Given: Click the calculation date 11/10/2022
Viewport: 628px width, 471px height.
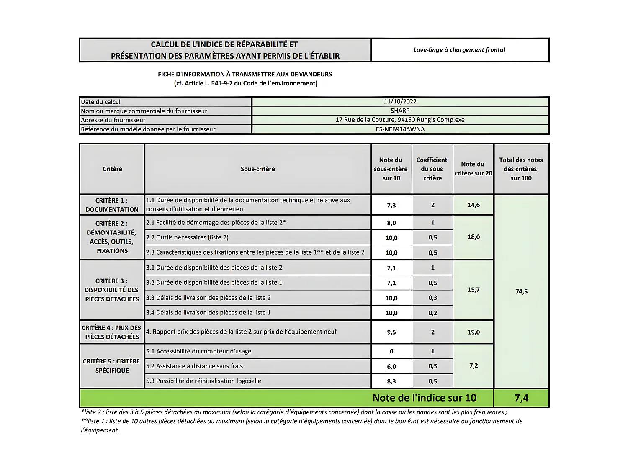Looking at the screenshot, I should (400, 102).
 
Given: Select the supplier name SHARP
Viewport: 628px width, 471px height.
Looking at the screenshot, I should (400, 111).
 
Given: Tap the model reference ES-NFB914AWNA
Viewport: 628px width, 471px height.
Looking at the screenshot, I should (400, 129).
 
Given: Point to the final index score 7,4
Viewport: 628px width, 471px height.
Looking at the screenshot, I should (521, 398).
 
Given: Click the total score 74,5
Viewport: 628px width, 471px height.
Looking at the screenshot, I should (521, 291).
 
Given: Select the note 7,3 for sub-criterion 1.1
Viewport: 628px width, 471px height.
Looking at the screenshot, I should (391, 205).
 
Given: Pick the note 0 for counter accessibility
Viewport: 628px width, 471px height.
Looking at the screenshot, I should (391, 351).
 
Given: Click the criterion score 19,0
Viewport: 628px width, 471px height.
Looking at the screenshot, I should (474, 332).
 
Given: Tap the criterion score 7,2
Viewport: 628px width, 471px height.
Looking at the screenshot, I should (474, 366).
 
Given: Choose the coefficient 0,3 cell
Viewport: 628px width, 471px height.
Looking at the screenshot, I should (432, 298).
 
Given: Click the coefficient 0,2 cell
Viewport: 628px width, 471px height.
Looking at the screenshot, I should (432, 313).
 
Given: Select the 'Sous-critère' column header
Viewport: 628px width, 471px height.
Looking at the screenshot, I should (257, 169).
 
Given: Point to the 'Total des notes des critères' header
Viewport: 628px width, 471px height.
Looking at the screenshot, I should (521, 169).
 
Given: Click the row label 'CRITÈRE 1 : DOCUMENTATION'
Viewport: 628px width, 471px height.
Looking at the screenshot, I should (112, 205).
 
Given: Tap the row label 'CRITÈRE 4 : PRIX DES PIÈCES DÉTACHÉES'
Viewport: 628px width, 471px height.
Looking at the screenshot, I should (112, 332).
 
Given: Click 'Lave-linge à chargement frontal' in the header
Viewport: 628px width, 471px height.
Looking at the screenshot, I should (459, 50).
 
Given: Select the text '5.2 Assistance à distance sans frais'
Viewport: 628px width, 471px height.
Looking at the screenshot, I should (194, 366).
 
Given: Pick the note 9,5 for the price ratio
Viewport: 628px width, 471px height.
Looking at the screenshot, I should (391, 332).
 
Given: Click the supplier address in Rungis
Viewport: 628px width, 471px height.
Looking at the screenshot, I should (400, 120).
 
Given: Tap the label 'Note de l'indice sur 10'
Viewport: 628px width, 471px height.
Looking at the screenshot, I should (424, 398).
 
